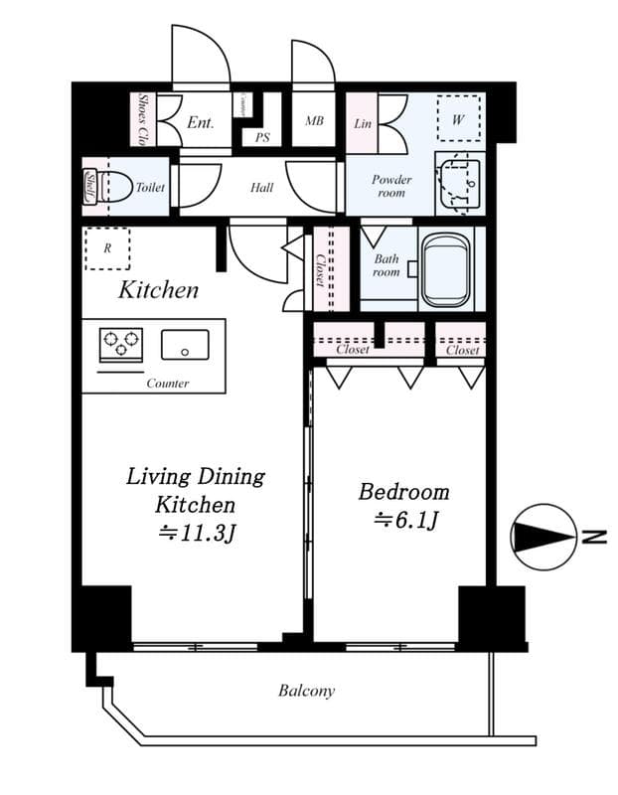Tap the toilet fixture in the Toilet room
point(112,187)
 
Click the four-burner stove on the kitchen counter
point(120,344)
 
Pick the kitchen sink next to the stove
point(185,345)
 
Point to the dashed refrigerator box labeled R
point(106,248)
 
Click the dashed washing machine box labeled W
point(458,119)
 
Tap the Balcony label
point(306,691)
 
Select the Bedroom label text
point(403,492)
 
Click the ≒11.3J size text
point(197,533)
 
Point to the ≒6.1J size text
point(404,519)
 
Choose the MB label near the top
point(314,121)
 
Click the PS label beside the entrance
point(262,138)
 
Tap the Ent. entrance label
point(200,122)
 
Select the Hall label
point(262,187)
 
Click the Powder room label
point(391,186)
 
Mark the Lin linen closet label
point(363,123)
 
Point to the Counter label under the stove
point(167,383)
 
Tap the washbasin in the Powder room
point(458,181)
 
